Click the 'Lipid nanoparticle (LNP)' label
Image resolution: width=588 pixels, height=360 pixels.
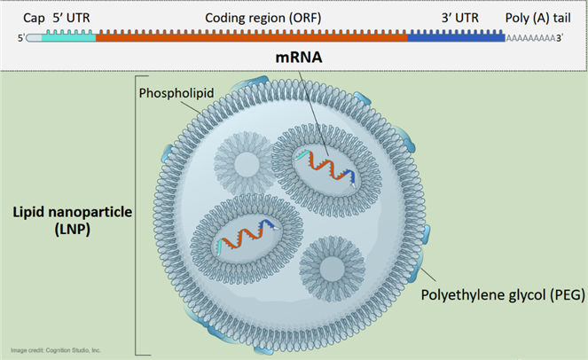63,222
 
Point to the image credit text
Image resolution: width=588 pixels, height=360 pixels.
57,350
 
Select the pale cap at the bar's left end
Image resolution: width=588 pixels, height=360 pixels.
34,37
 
